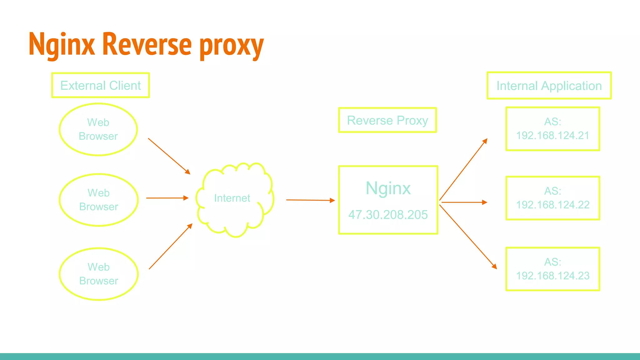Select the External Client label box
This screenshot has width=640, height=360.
click(x=100, y=85)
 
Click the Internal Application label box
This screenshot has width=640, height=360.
click(x=549, y=86)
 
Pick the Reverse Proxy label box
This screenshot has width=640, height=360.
click(x=387, y=120)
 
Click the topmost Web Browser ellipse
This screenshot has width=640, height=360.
click(x=98, y=129)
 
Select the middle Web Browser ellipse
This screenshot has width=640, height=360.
click(x=98, y=200)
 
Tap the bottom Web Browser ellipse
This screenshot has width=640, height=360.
click(x=98, y=274)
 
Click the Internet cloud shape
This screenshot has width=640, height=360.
click(x=234, y=200)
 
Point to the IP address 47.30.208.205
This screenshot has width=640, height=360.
click(x=388, y=215)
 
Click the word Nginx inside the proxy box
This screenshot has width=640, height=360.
click(x=388, y=188)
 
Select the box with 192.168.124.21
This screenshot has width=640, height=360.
click(x=552, y=129)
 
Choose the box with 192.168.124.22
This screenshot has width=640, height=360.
click(x=552, y=198)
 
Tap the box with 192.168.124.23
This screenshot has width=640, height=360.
click(x=552, y=269)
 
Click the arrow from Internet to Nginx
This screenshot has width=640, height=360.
click(x=310, y=200)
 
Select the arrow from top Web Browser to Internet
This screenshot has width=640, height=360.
click(x=169, y=156)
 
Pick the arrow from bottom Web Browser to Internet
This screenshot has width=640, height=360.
click(x=170, y=247)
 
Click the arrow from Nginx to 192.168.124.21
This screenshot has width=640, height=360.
click(x=463, y=170)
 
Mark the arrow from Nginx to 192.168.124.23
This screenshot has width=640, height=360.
click(x=468, y=237)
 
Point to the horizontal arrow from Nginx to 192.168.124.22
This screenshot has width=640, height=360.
click(x=464, y=202)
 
